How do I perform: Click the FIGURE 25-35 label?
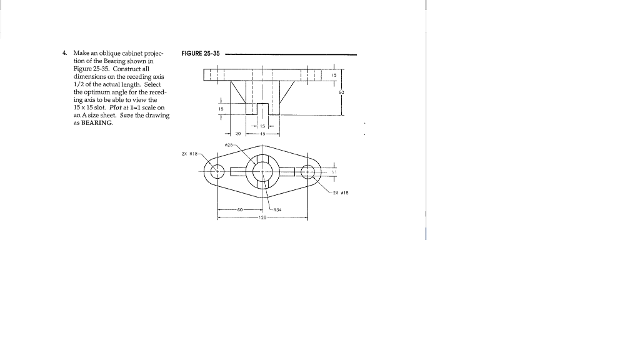coord(200,54)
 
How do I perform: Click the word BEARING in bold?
coord(97,123)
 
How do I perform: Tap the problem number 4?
coord(64,53)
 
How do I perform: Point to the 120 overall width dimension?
coord(262,218)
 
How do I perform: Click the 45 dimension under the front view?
coord(263,133)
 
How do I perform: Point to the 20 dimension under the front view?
coord(238,133)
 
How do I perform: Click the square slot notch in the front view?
coord(263,109)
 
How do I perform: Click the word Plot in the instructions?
coord(116,107)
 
